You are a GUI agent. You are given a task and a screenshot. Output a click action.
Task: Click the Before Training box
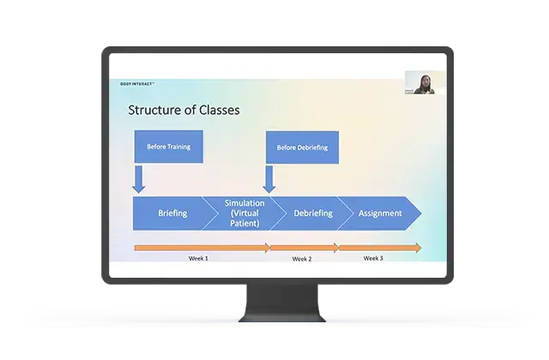[x=168, y=147]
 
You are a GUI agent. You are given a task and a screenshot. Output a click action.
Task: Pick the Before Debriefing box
[x=302, y=147]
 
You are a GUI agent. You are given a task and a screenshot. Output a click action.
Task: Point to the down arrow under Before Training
[x=138, y=178]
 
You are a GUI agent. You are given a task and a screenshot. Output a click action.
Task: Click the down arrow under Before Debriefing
[x=268, y=178]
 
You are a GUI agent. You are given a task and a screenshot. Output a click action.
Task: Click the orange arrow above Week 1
[x=202, y=248]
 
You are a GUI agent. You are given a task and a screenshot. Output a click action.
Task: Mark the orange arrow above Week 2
[x=304, y=248]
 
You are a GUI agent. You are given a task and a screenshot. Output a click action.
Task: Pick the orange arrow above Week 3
[x=379, y=248]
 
